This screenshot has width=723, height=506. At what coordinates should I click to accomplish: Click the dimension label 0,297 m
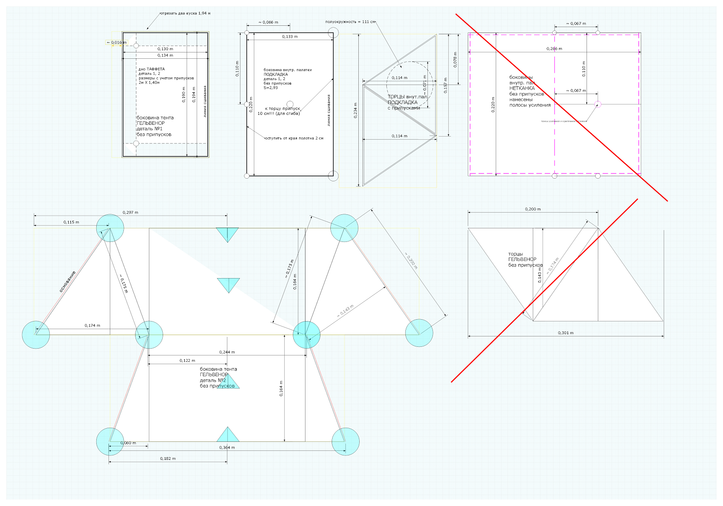tap(130, 213)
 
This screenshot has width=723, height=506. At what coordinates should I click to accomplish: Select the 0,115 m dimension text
tap(71, 222)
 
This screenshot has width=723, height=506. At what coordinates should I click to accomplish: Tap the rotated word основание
tap(68, 281)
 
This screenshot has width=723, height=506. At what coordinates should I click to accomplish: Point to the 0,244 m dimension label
tap(227, 352)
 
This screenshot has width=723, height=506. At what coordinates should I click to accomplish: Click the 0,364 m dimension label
tap(227, 448)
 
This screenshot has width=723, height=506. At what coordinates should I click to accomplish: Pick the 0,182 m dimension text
tap(168, 459)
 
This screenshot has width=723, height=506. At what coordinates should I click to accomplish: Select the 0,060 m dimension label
tap(128, 443)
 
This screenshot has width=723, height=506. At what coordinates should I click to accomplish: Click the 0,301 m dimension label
tap(565, 333)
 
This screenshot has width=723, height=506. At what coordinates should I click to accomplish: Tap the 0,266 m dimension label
tap(554, 48)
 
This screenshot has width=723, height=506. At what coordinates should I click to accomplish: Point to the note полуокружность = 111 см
tap(350, 22)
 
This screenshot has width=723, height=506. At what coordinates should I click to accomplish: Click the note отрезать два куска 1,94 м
tap(186, 13)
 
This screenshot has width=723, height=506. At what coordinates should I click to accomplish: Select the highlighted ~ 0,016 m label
tap(117, 43)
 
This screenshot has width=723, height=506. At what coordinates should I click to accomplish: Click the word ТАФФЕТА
tap(156, 69)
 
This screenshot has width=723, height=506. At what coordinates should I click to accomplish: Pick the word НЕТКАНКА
tap(522, 88)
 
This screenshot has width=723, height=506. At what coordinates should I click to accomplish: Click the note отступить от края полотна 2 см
tap(294, 138)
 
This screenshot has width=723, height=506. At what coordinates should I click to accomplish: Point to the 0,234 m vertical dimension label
tap(356, 110)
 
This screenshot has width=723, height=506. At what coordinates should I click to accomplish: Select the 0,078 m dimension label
tap(455, 59)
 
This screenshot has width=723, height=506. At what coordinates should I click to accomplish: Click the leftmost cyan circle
tap(36, 335)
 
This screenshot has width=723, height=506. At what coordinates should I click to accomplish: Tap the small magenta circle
tap(598, 104)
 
